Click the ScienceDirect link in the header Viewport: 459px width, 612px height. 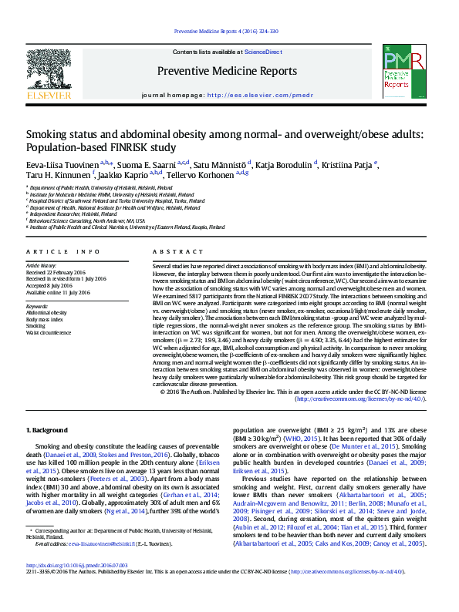pos(263,51)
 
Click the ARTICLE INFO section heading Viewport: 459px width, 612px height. pos(63,252)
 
